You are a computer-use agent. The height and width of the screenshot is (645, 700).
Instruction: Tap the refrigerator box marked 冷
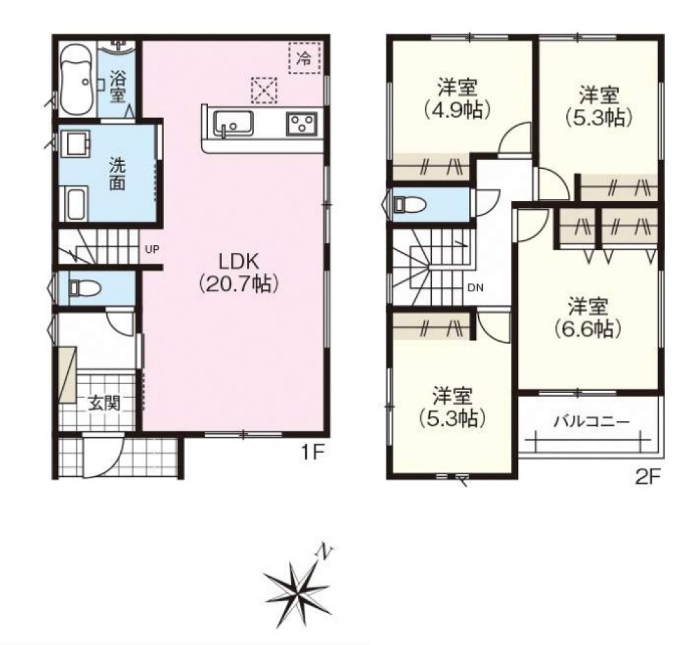304,58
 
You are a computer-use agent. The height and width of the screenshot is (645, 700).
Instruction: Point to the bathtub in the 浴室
76,81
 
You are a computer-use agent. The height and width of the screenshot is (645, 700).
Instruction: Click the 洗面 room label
118,174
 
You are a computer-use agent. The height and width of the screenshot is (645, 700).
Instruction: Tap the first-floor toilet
85,288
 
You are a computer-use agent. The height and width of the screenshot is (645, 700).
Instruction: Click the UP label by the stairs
152,250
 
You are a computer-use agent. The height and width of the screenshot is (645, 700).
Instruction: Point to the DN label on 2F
475,288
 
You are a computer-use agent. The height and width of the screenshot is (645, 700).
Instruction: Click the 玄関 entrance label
104,403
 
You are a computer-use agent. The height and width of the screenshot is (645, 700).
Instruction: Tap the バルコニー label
591,421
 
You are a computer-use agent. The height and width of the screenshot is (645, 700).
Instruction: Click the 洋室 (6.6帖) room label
588,317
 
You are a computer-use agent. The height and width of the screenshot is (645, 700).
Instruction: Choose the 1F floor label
312,454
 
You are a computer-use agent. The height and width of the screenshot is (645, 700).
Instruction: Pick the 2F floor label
647,478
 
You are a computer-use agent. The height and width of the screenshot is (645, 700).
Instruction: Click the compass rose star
296,590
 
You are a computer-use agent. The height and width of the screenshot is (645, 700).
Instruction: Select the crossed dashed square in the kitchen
265,90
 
